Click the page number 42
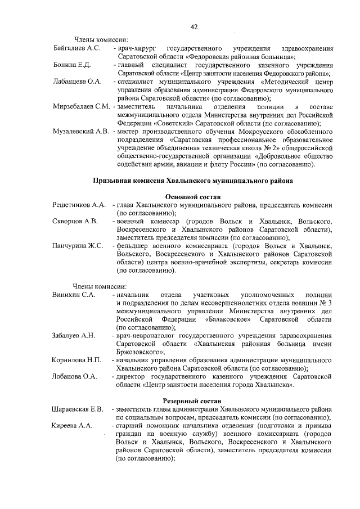193,27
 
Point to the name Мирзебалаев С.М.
81,106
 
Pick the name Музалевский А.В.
80,131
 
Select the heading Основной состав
192,197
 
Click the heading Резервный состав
192,400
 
